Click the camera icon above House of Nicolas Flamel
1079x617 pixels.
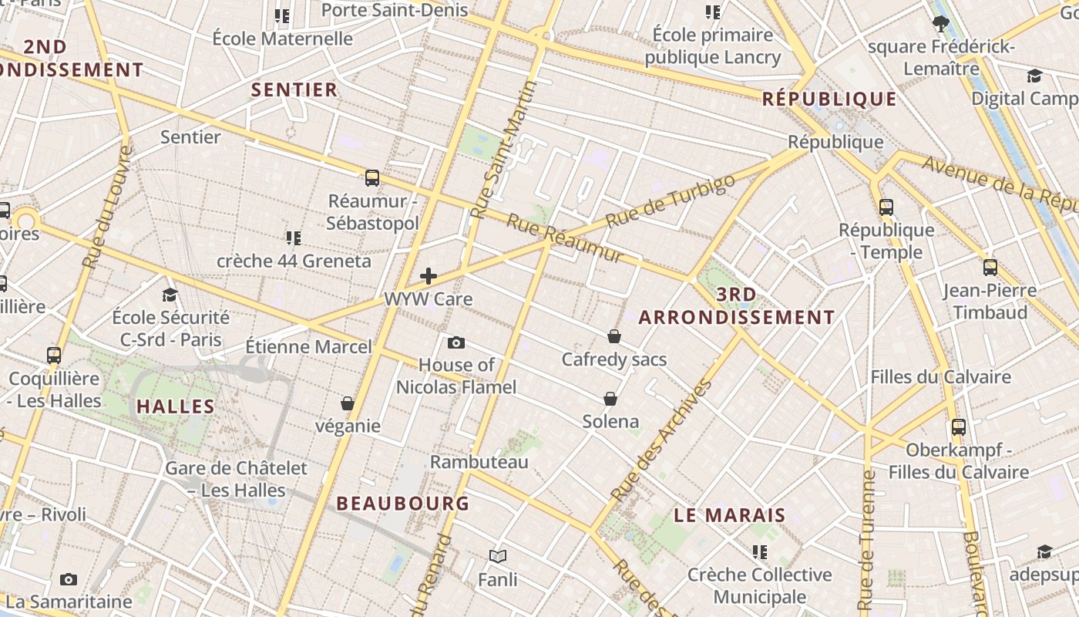pos(455,342)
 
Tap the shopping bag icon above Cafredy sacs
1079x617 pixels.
pos(614,336)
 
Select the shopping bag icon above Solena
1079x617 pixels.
pos(610,399)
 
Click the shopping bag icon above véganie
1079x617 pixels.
pos(348,403)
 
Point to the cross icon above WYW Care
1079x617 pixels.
pos(429,276)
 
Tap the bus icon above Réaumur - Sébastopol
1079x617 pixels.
pos(372,178)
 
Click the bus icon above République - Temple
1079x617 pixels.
pos(886,207)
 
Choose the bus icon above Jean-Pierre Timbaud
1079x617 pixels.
pos(990,268)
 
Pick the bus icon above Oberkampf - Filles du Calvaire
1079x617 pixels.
pos(959,427)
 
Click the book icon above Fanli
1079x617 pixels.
pos(498,556)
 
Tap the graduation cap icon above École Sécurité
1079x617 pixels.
pos(170,295)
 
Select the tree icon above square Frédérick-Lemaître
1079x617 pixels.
pos(940,24)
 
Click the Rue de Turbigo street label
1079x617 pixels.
pos(671,201)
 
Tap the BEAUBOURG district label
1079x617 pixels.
pos(402,504)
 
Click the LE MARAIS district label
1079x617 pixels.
pos(730,515)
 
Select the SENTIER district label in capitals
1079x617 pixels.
pos(294,90)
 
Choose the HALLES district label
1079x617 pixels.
pos(176,406)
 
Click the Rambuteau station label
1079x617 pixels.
pos(479,462)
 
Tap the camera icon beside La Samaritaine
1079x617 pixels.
pos(69,579)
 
